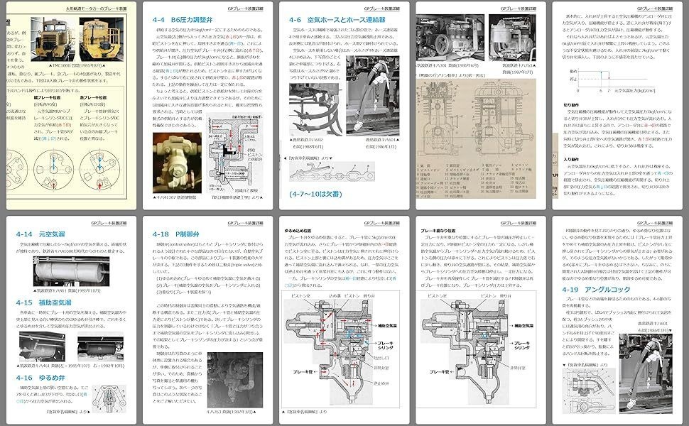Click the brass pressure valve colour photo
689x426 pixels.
coord(177,163)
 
